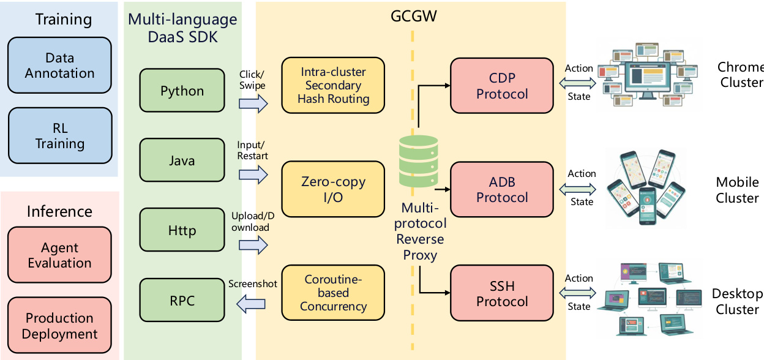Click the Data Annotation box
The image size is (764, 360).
(x=59, y=66)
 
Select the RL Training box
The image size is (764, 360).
(x=59, y=136)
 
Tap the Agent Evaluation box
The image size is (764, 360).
(x=59, y=255)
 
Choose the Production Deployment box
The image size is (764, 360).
(x=59, y=326)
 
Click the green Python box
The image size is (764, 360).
(x=182, y=91)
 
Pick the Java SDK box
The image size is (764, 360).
(x=182, y=161)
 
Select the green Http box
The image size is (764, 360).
(x=182, y=231)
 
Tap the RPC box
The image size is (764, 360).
(x=182, y=301)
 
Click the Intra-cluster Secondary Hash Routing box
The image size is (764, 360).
(x=333, y=85)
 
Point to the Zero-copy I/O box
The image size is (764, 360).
(x=333, y=189)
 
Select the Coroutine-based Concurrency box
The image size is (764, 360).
(x=333, y=293)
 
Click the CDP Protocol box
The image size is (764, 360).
(x=502, y=86)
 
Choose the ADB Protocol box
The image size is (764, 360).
(x=502, y=190)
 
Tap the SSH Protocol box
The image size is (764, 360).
(x=502, y=293)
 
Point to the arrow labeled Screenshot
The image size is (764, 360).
(x=252, y=301)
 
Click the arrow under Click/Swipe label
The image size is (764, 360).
(x=253, y=104)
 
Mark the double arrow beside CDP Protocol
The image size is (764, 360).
(x=579, y=82)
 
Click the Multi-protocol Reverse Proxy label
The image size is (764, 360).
(x=420, y=231)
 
